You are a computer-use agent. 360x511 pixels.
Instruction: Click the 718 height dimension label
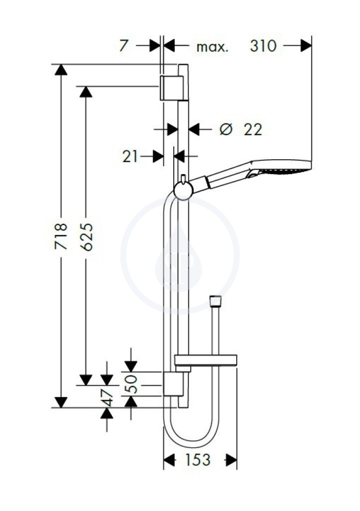[61, 236]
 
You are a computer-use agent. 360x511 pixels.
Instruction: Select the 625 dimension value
[86, 237]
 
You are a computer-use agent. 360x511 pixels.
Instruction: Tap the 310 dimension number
[263, 45]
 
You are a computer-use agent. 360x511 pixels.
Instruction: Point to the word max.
[212, 47]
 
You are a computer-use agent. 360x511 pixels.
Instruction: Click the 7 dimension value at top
[123, 45]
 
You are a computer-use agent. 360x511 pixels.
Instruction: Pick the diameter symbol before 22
[226, 129]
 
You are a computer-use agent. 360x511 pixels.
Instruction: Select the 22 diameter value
[253, 130]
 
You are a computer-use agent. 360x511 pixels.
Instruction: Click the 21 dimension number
[130, 157]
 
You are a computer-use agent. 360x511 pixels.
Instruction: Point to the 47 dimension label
[107, 398]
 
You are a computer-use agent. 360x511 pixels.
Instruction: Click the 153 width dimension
[198, 460]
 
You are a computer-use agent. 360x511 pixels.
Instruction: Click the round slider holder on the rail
[183, 191]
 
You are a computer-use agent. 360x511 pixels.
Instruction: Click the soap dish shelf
[206, 360]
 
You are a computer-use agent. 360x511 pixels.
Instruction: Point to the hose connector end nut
[215, 301]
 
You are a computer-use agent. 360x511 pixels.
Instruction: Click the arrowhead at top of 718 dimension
[61, 70]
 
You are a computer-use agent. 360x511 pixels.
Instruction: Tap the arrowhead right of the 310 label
[306, 45]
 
